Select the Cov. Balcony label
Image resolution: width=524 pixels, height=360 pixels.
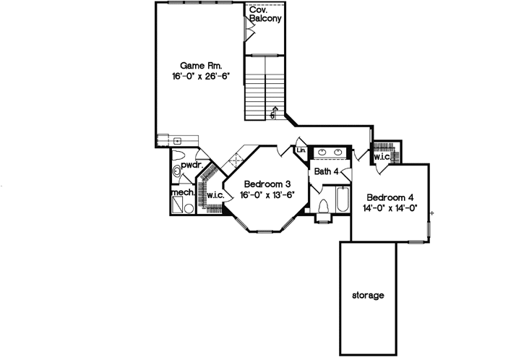click(265, 14)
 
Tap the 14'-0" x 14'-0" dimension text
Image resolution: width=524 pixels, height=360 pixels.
click(390, 210)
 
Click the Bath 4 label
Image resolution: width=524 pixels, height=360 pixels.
click(326, 171)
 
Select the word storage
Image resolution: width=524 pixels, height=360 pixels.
click(368, 296)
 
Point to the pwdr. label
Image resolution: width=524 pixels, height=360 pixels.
click(189, 166)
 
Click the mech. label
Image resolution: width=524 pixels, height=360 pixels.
click(181, 194)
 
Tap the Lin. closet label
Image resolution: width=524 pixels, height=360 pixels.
click(301, 150)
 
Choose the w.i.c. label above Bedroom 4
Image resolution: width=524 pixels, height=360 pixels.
click(382, 156)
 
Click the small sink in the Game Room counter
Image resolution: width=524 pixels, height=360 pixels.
click(176, 140)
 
